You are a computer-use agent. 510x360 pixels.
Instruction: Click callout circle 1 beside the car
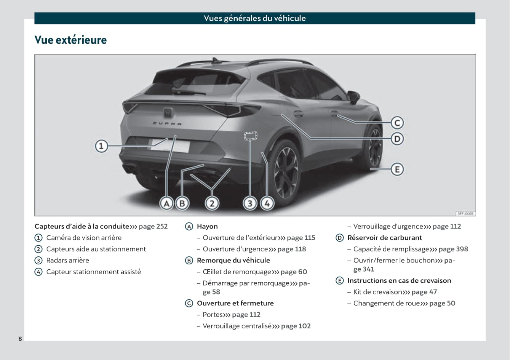(101, 146)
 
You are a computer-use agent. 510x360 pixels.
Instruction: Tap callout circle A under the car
(166, 203)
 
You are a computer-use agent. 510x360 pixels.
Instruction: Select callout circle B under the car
(182, 203)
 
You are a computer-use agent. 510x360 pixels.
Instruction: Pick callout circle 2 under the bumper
(212, 203)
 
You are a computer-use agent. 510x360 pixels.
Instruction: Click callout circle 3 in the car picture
(250, 203)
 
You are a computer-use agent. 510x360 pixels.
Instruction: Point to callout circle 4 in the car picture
(267, 203)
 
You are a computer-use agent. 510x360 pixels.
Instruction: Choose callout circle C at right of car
(397, 123)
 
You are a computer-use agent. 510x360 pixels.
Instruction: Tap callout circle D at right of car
(397, 139)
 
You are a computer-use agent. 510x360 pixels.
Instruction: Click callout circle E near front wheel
(397, 169)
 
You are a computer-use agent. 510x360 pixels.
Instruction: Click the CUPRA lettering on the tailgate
(167, 123)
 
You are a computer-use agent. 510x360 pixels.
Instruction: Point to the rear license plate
(170, 145)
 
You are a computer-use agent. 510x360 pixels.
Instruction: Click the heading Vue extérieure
(70, 40)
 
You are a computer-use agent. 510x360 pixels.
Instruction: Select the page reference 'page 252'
(153, 226)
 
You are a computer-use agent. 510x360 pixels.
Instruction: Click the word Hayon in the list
(207, 226)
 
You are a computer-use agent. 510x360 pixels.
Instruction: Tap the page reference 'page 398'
(453, 249)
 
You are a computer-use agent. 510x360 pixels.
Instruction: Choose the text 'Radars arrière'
(68, 261)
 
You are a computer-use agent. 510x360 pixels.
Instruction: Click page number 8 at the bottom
(20, 339)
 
